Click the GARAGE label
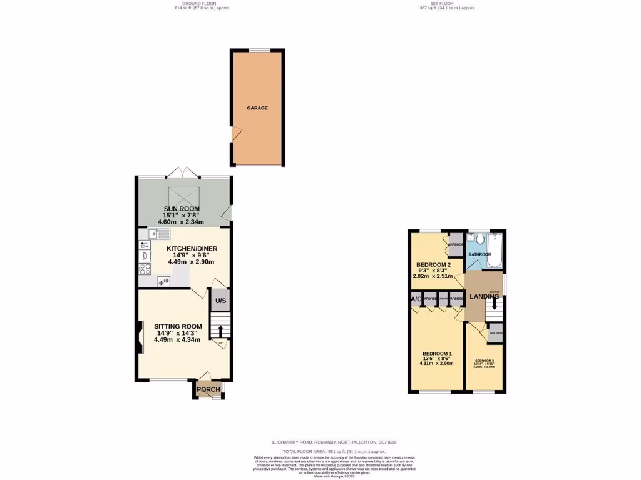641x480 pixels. (x=257, y=108)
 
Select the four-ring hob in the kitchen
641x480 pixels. (x=145, y=269)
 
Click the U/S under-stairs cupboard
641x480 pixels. (x=220, y=301)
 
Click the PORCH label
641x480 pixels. (x=208, y=390)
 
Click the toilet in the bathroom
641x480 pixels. (x=479, y=239)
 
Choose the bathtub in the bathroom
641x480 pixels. (x=495, y=251)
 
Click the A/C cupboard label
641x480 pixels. (x=416, y=299)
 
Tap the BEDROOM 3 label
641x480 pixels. (x=484, y=361)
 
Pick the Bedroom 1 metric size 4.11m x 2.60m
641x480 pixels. (x=436, y=363)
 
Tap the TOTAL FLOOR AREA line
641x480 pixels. (x=334, y=451)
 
